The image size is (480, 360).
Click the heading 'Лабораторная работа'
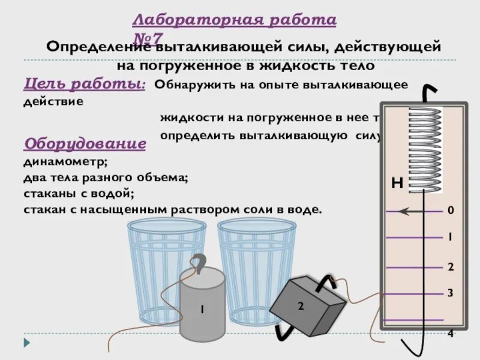pos(234,20)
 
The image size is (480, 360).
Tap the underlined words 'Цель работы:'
pos(84,84)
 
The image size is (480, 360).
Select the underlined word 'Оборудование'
pos(84,144)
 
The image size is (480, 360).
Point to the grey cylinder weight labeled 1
pos(202,310)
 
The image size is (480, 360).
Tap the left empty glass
pos(166,264)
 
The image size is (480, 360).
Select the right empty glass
pos(257,264)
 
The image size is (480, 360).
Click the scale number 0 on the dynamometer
pos(450,211)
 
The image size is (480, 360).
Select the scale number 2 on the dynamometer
pos(450,266)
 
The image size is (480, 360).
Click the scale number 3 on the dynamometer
pos(450,293)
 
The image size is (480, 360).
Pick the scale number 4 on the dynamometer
pos(450,334)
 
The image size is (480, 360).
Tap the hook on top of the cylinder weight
pos(200,264)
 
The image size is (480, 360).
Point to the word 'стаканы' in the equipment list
pos(46,194)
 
